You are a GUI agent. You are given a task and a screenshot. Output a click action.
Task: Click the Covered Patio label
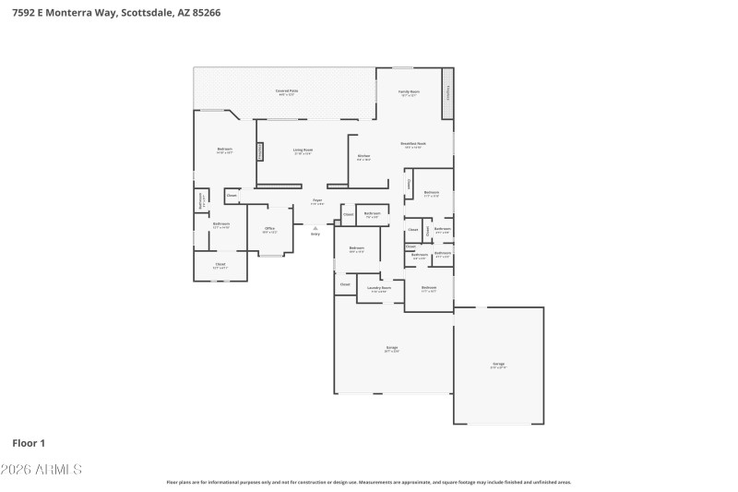coord(286,91)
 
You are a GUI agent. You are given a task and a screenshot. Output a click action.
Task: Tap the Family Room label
coord(409,92)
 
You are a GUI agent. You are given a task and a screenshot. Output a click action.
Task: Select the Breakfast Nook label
coord(412,144)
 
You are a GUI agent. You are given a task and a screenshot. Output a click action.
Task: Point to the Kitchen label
coord(363,156)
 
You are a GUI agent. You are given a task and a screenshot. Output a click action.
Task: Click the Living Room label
coord(303,150)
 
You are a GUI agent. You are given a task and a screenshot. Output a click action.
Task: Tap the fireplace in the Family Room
coord(448,93)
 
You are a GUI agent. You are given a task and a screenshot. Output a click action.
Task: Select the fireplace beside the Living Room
coord(260,150)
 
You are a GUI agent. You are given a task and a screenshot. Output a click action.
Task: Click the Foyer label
coord(316,200)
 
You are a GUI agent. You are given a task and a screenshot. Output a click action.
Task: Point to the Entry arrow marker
coord(315,228)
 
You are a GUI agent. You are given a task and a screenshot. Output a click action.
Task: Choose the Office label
coord(269,229)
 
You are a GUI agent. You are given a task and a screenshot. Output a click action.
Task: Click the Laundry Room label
coord(379,288)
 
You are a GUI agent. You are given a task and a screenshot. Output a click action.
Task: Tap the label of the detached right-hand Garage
coord(498,365)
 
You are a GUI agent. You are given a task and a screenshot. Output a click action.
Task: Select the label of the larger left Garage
coord(392,348)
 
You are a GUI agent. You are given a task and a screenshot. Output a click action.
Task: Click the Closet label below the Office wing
coord(220,265)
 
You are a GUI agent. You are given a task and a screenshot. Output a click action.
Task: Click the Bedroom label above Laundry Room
coord(356,249)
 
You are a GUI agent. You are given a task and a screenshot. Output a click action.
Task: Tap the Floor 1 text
coord(29,443)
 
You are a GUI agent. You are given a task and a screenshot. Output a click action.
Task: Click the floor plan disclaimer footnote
coord(368,482)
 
